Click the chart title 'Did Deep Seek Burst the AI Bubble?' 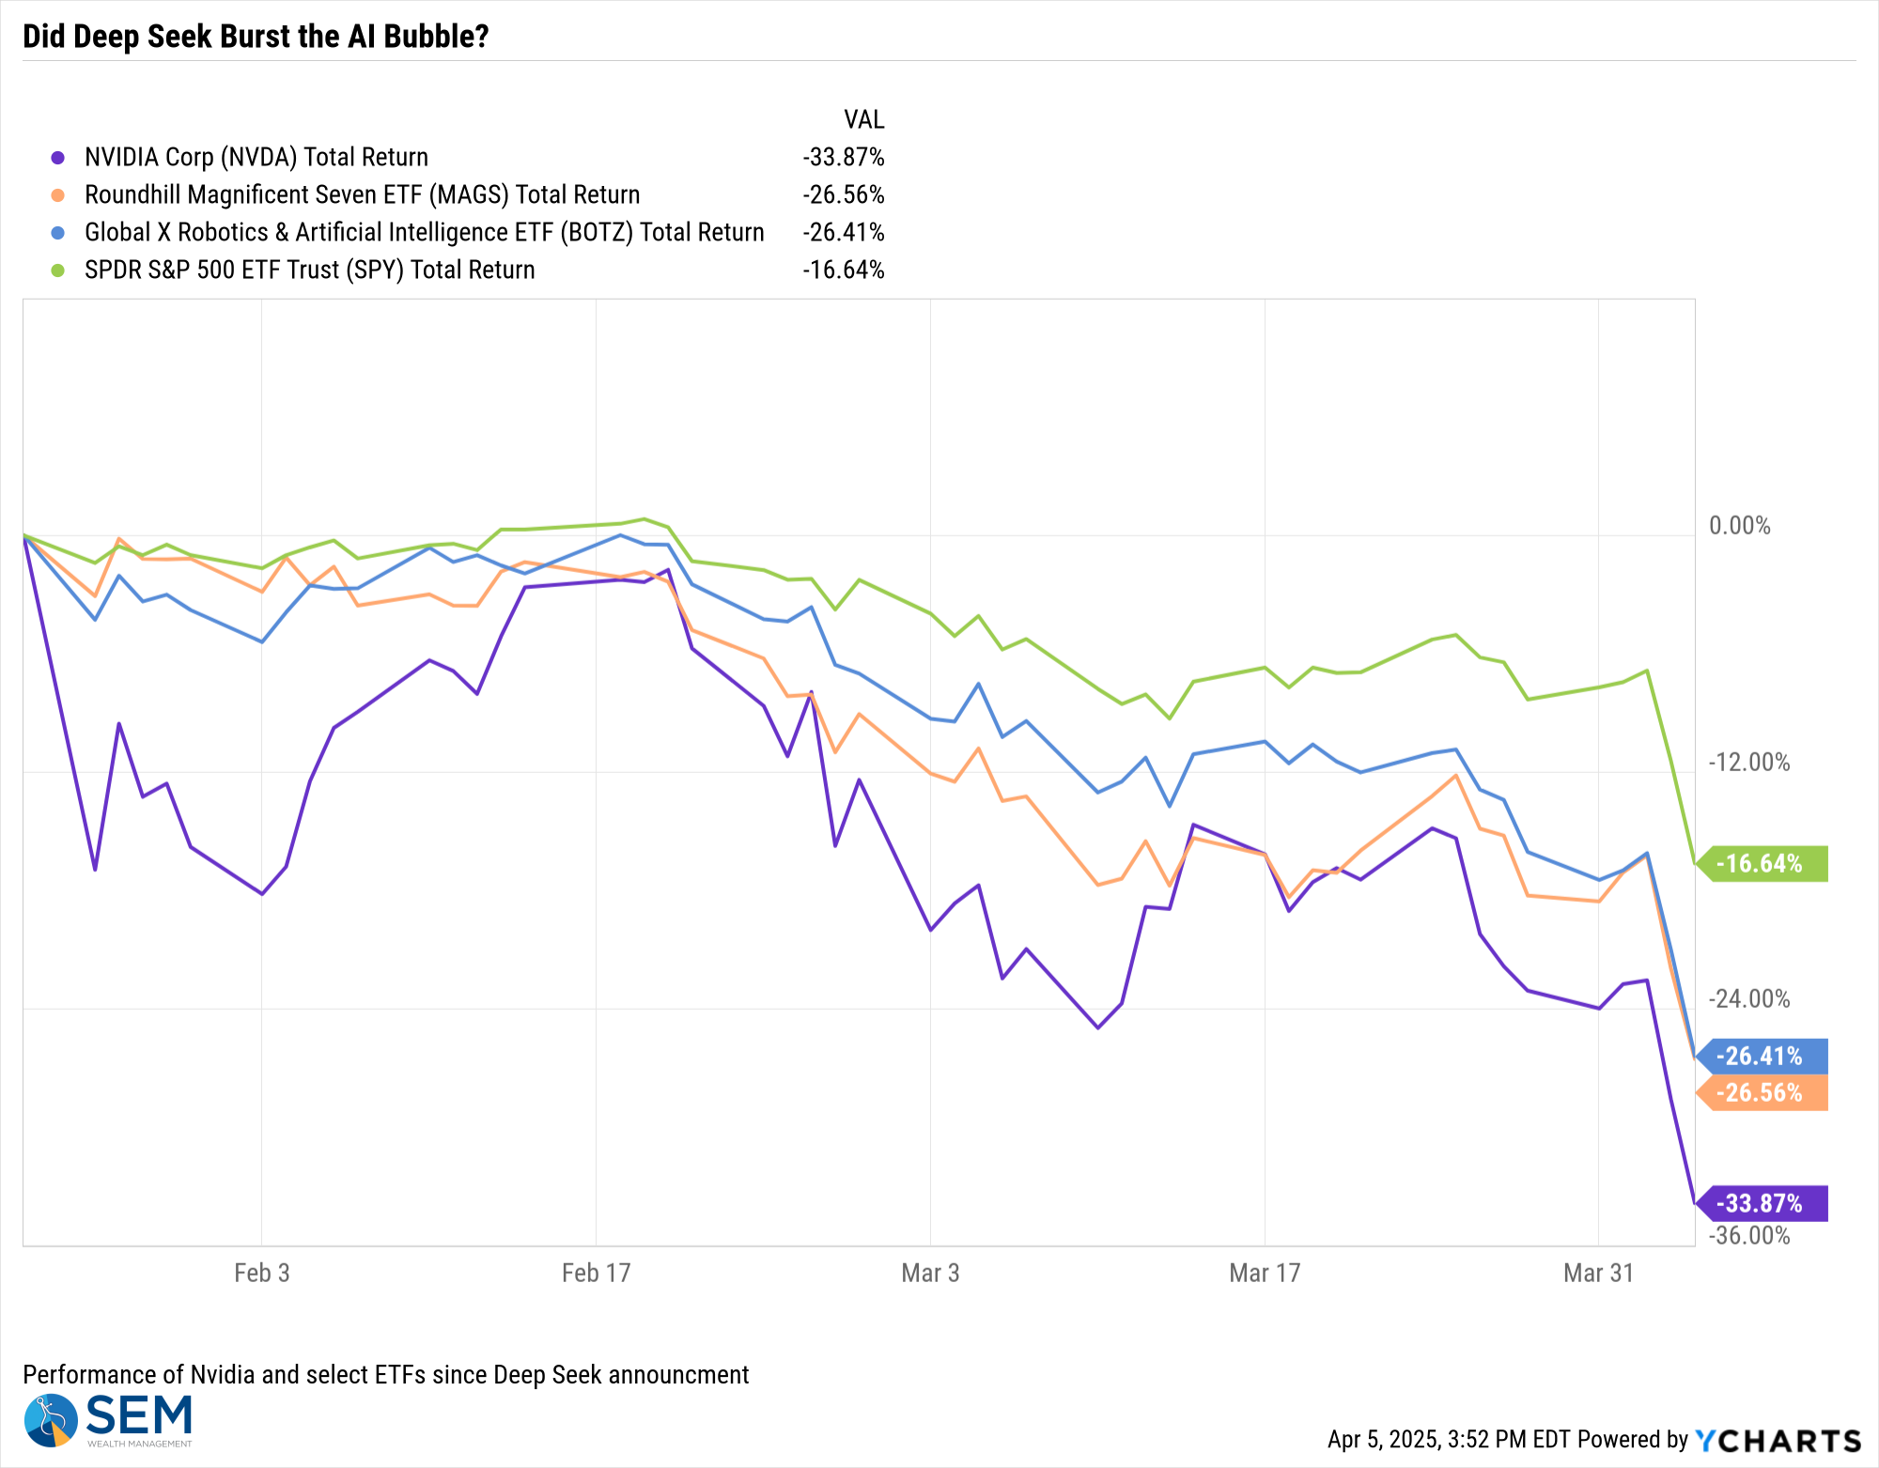click(x=256, y=36)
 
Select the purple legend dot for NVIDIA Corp click(x=58, y=158)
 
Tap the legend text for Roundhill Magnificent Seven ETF click(x=362, y=194)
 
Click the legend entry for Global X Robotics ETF click(x=425, y=232)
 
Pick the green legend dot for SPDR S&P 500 click(x=58, y=270)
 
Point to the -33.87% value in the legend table click(x=844, y=157)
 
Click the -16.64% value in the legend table click(x=844, y=270)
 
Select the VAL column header click(x=864, y=119)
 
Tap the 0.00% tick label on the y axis click(x=1740, y=525)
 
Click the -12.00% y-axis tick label click(x=1749, y=762)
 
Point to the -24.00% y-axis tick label click(x=1749, y=998)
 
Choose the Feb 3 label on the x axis click(x=261, y=1273)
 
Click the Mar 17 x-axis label click(x=1265, y=1273)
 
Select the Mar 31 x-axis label click(x=1598, y=1273)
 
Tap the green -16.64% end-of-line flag click(x=1763, y=863)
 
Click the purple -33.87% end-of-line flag click(x=1763, y=1203)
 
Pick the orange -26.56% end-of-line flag click(x=1763, y=1092)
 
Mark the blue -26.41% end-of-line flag click(x=1763, y=1056)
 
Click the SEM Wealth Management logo click(x=108, y=1420)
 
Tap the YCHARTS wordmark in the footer click(x=1778, y=1440)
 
